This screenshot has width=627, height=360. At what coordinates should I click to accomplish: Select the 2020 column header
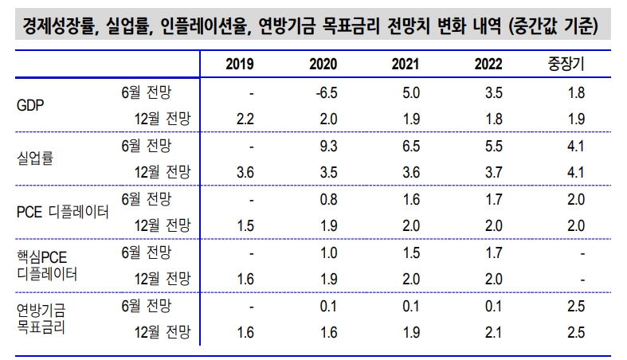coord(323,64)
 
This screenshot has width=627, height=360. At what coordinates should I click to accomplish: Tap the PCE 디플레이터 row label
coord(62,211)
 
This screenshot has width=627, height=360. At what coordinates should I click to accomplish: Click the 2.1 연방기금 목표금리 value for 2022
coord(493,330)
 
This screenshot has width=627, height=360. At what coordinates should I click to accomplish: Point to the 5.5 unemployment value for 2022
coord(493,145)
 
